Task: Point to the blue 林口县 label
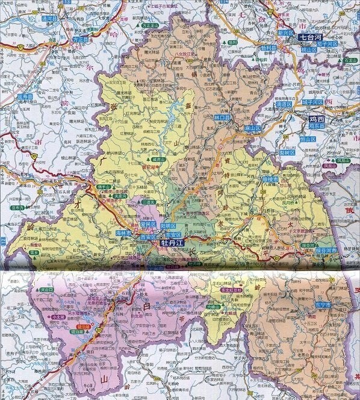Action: [x=223, y=117]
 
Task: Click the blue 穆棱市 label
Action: [x=270, y=180]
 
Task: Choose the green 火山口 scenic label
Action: [x=46, y=290]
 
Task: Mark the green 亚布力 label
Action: [x=16, y=208]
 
